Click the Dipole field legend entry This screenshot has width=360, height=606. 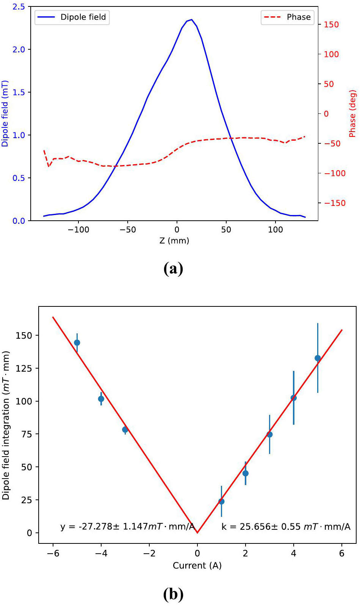click(x=72, y=17)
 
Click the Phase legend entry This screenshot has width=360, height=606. click(x=288, y=17)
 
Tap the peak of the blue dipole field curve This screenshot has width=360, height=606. click(x=192, y=19)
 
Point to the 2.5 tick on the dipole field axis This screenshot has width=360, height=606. click(x=19, y=7)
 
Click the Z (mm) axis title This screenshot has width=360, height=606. click(x=174, y=240)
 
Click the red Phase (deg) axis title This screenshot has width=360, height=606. click(x=352, y=113)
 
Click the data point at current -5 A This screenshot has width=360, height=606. click(x=77, y=343)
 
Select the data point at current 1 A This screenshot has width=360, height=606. click(x=221, y=501)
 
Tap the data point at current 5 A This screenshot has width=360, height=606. click(x=318, y=358)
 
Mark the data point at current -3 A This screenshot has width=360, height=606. click(x=125, y=430)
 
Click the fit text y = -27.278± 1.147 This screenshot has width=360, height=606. click(x=127, y=527)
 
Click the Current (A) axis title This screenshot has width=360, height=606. click(x=197, y=565)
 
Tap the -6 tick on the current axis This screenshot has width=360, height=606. click(x=53, y=553)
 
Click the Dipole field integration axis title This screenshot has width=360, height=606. click(x=6, y=425)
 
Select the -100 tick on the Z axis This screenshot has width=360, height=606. click(x=78, y=230)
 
